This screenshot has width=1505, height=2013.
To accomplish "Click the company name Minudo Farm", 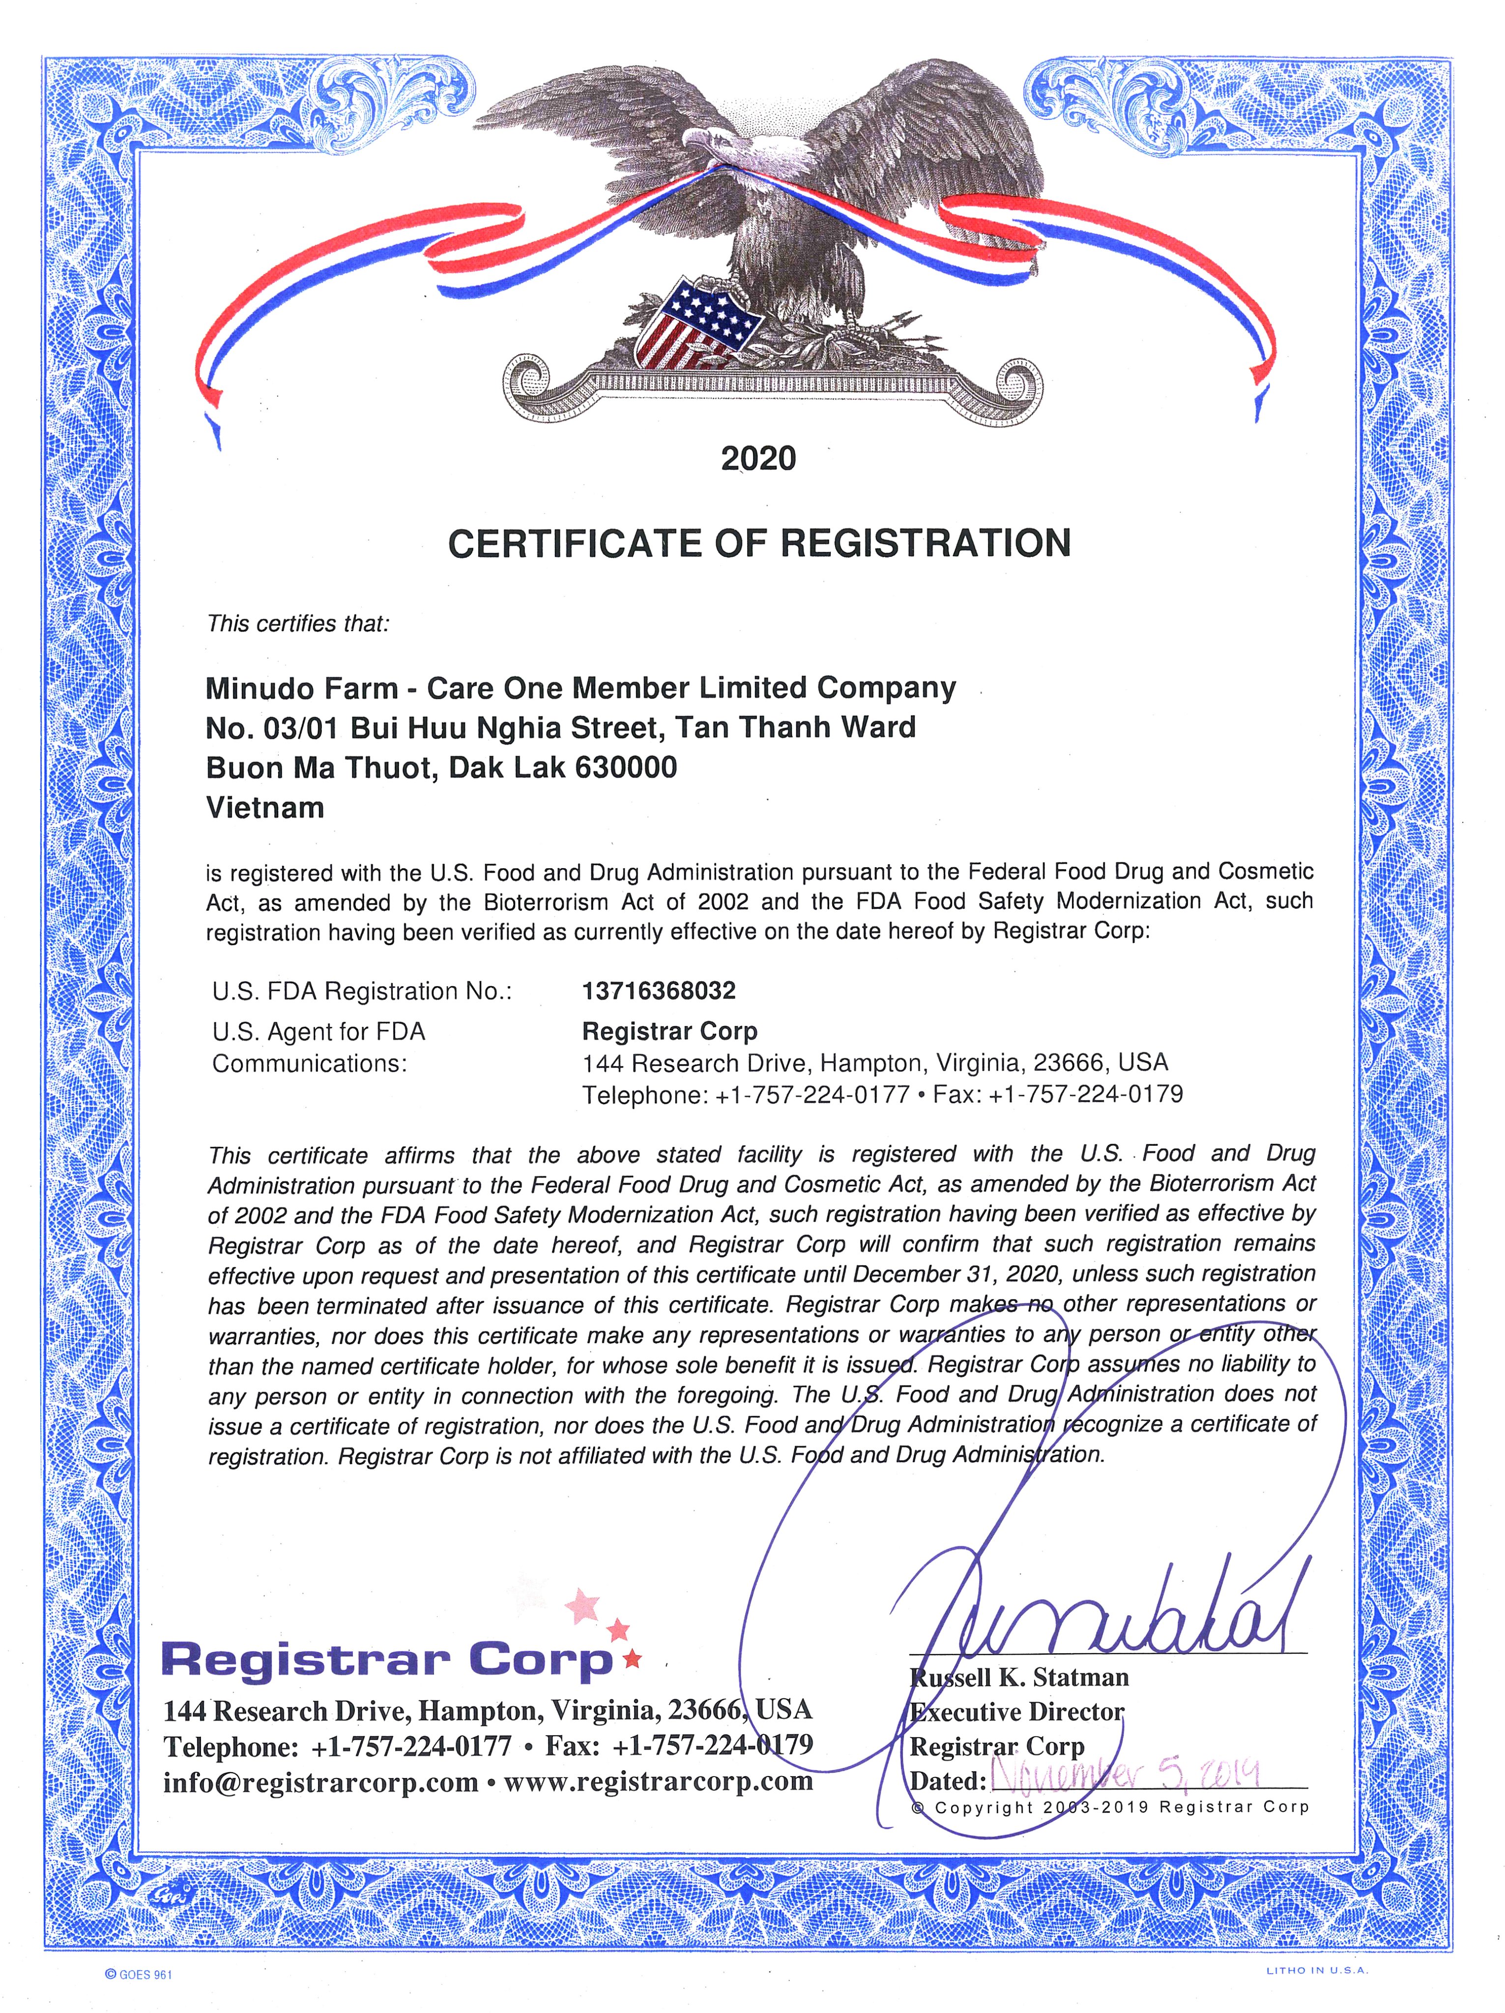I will pyautogui.click(x=302, y=688).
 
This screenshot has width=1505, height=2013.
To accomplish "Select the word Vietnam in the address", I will pyautogui.click(x=265, y=807).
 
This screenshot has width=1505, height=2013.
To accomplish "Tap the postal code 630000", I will pyautogui.click(x=626, y=767).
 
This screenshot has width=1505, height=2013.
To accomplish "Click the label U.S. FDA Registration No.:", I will pyautogui.click(x=362, y=991).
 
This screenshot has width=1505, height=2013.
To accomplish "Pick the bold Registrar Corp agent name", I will pyautogui.click(x=670, y=1031).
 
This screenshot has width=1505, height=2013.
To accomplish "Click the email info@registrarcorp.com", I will pyautogui.click(x=320, y=1781).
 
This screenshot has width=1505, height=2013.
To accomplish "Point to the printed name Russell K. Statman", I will pyautogui.click(x=1019, y=1676).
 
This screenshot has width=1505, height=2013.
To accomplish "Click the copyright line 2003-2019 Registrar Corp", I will pyautogui.click(x=1110, y=1808).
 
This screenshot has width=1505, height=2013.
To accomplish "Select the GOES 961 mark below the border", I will pyautogui.click(x=138, y=1974).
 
